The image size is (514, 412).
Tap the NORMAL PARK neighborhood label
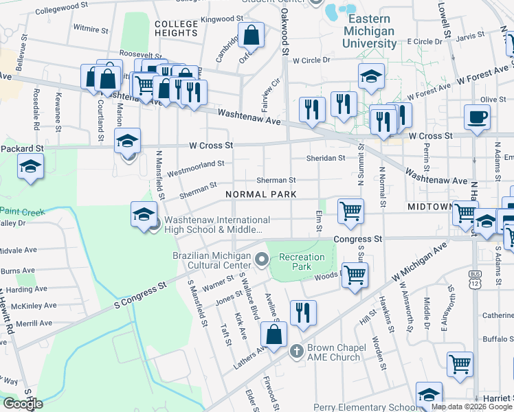point(261,194)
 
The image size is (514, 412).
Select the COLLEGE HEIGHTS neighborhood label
point(176,28)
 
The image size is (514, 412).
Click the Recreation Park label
point(301,262)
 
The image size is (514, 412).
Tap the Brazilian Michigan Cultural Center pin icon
point(261,260)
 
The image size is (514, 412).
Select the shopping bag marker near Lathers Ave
point(273,336)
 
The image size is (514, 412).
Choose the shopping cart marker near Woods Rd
point(355,276)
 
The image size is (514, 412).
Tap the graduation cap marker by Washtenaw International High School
point(144,215)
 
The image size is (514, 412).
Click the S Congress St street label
point(140,292)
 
